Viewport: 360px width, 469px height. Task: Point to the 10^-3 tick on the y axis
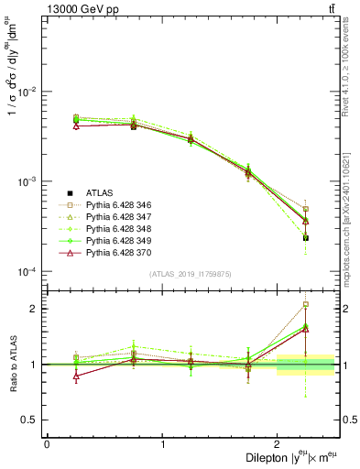click(x=28, y=181)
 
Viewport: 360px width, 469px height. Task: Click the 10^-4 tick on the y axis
click(x=28, y=272)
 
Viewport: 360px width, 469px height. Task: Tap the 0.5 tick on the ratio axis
click(x=30, y=420)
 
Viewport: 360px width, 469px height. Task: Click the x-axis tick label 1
click(x=162, y=444)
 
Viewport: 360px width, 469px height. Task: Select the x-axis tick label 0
click(x=47, y=444)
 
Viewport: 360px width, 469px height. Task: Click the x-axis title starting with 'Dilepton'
click(x=285, y=458)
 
